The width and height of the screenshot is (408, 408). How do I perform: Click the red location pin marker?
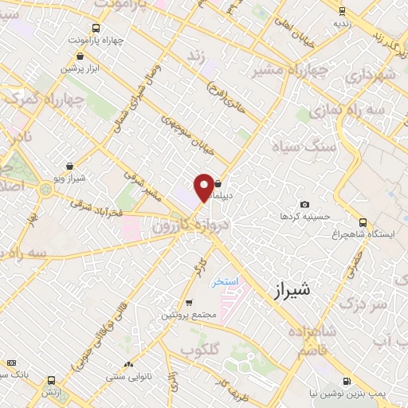pyautogui.click(x=204, y=186)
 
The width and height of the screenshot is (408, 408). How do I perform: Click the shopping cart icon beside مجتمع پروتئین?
pyautogui.click(x=189, y=302)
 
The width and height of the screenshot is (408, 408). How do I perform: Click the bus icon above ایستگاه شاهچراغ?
pyautogui.click(x=363, y=222)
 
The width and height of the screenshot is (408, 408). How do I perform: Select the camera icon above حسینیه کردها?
pyautogui.click(x=304, y=205)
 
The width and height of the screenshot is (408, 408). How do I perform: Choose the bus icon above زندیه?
pyautogui.click(x=342, y=11)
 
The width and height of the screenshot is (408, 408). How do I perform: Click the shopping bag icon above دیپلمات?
pyautogui.click(x=218, y=182)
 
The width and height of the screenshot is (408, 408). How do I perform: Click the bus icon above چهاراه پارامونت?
pyautogui.click(x=96, y=27)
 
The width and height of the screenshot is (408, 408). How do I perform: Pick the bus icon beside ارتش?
pyautogui.click(x=52, y=380)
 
